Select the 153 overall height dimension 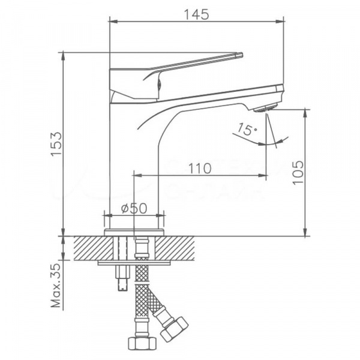(55, 145)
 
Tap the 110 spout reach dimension (199, 169)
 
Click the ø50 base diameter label (134, 208)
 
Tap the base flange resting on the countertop (134, 232)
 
